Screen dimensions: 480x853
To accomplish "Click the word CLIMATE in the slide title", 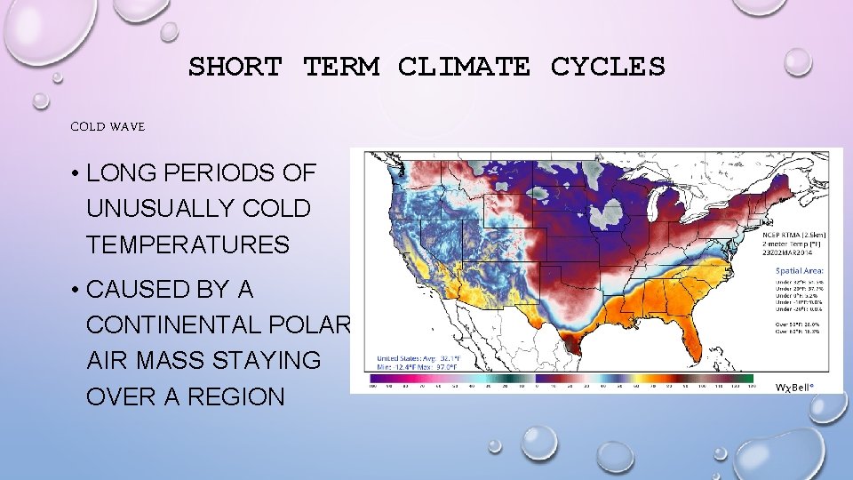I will tap(465, 67).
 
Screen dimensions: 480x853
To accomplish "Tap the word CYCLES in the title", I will tap(608, 67).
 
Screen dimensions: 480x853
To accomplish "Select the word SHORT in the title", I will tap(235, 67).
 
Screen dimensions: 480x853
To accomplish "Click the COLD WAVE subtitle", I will tap(108, 127).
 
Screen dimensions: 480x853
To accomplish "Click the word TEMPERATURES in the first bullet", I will tap(187, 244).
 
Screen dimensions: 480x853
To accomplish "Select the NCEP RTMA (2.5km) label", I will tap(792, 232).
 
